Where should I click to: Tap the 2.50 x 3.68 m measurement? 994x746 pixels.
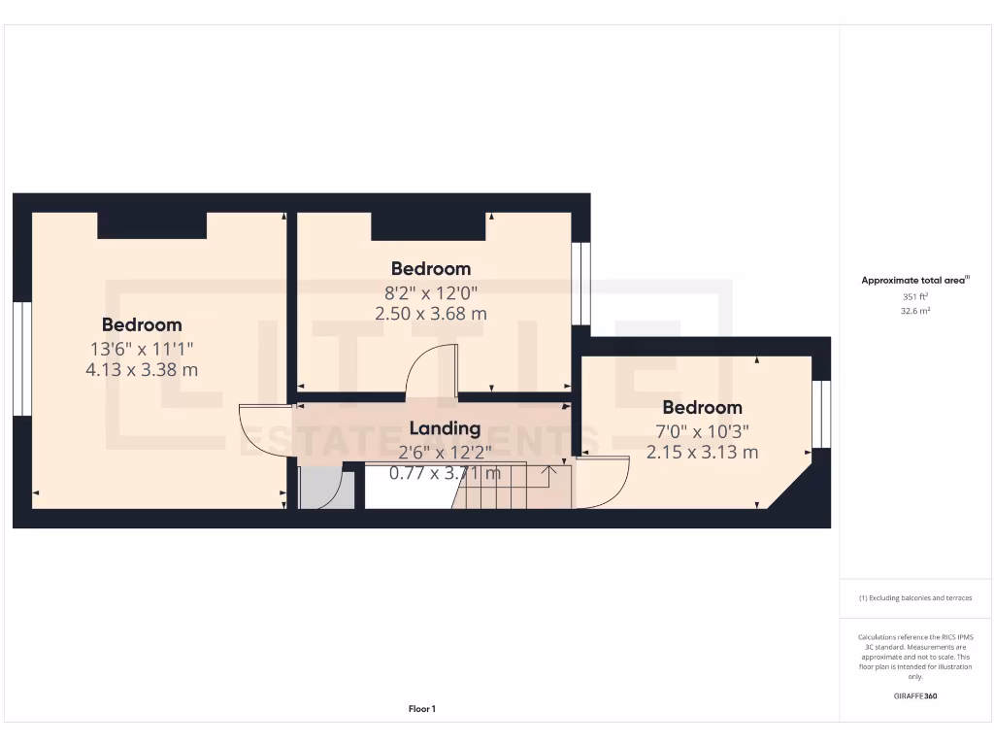[x=431, y=314]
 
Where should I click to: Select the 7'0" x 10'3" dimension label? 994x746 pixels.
[x=702, y=430]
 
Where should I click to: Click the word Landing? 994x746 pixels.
[x=445, y=428]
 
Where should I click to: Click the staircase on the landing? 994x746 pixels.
[x=505, y=486]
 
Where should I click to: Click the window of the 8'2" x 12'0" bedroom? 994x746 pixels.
[x=580, y=283]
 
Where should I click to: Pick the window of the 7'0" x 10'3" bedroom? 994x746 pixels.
[x=821, y=414]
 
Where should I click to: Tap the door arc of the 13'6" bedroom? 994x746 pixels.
[x=262, y=432]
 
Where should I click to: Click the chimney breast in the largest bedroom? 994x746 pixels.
[x=151, y=224]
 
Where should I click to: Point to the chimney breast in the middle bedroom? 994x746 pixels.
[x=428, y=225]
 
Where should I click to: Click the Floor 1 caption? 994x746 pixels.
[x=422, y=709]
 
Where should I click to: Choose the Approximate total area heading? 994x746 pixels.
[x=913, y=281]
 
